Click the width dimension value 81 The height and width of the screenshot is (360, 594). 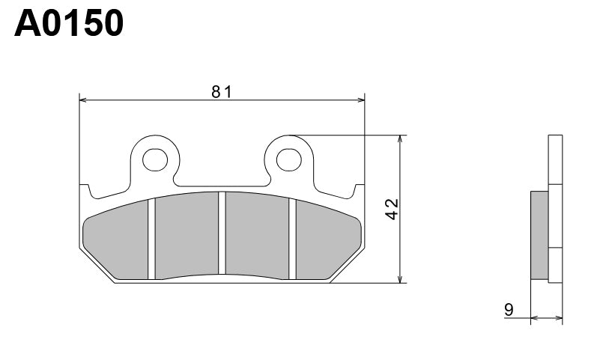[x=221, y=92]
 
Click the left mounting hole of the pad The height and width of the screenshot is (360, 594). [x=155, y=159]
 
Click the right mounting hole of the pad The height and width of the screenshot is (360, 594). [x=288, y=159]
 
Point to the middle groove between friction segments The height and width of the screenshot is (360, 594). [x=222, y=234]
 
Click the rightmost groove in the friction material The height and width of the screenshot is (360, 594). [x=293, y=238]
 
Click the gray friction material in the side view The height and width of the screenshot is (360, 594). [x=539, y=236]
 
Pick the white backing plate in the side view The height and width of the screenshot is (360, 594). [x=555, y=210]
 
